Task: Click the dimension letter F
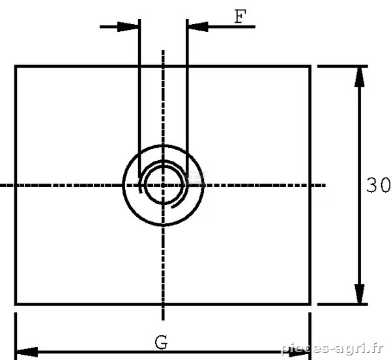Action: [x=240, y=16]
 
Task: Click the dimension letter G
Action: [x=161, y=342]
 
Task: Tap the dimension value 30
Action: [x=378, y=185]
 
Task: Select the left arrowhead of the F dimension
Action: [x=128, y=27]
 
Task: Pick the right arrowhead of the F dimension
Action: [x=198, y=27]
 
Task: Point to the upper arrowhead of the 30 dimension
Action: [x=359, y=77]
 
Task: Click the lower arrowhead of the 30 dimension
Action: [x=359, y=294]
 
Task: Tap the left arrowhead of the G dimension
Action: [x=27, y=352]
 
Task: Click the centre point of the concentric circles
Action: [x=163, y=185]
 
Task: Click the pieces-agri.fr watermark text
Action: [x=332, y=348]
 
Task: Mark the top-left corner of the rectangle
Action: [x=16, y=66]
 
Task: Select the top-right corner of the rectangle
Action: [x=310, y=66]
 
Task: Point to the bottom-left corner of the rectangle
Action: [x=16, y=304]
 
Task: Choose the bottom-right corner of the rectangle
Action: [x=310, y=304]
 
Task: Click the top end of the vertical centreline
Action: [x=163, y=50]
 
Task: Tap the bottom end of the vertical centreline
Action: [x=163, y=320]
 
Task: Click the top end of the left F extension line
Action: [x=139, y=19]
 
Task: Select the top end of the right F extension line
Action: [x=187, y=19]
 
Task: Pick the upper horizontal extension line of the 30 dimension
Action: [x=342, y=66]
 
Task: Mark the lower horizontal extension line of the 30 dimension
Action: [x=342, y=304]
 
